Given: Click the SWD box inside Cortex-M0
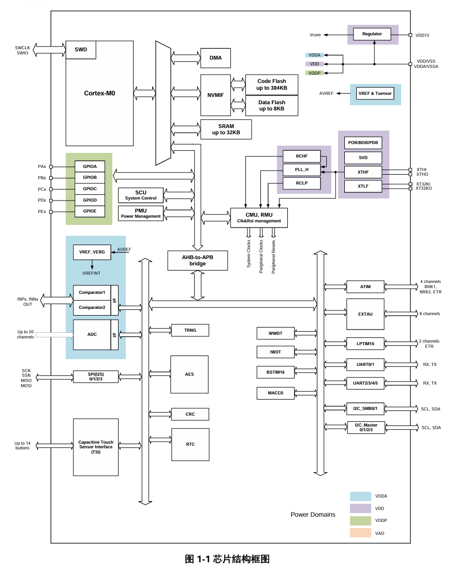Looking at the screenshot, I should (81, 50).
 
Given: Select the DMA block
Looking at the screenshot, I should (215, 58).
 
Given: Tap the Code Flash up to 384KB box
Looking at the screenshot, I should (271, 84).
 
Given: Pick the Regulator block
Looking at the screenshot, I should (372, 34).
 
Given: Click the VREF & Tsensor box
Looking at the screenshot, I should (375, 94).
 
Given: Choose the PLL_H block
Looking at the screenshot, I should (302, 169).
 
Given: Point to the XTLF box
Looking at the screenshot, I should (363, 186).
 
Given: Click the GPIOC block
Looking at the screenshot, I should (90, 189).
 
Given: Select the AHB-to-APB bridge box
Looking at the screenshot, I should (197, 260).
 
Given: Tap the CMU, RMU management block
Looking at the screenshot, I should (259, 218).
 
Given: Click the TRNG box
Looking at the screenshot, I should (189, 330).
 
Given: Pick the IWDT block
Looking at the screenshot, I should (275, 352).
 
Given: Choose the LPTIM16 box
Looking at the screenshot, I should (365, 343).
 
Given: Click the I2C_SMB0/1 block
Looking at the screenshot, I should (365, 409).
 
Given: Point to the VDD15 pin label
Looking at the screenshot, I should (422, 35).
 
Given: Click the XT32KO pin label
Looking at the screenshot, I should (424, 189).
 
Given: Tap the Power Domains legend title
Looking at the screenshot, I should (313, 515).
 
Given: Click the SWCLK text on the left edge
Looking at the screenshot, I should (22, 48).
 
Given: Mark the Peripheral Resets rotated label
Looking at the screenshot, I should (273, 257).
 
